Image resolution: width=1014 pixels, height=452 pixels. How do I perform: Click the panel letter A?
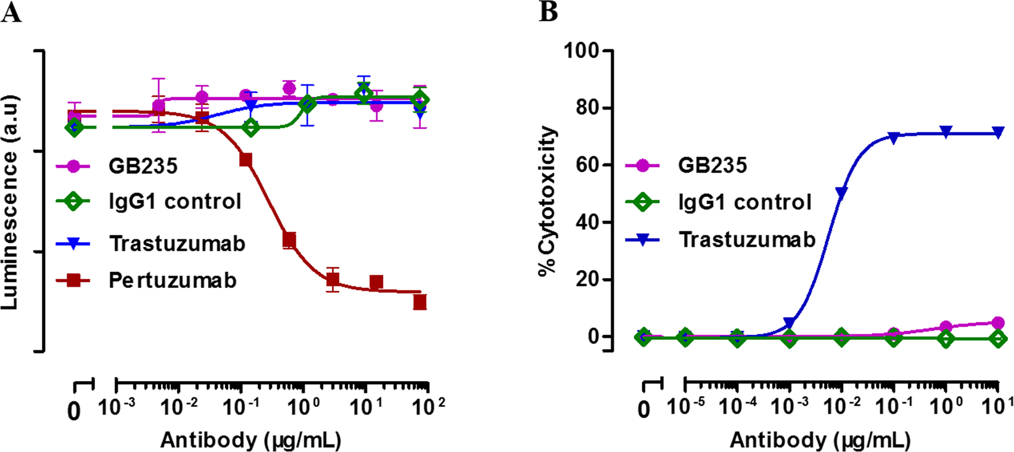[11, 12]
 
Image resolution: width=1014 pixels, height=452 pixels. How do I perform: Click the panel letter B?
[548, 12]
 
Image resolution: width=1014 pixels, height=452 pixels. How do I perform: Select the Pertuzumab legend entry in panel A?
[172, 281]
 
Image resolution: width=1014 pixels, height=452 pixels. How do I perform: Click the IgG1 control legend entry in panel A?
[175, 202]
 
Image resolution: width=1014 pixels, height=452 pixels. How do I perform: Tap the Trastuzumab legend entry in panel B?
[747, 240]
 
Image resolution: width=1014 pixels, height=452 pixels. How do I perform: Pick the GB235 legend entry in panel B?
[712, 165]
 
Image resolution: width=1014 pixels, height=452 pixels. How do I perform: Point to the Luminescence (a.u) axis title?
[10, 202]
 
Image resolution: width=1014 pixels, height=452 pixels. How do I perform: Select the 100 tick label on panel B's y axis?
[582, 51]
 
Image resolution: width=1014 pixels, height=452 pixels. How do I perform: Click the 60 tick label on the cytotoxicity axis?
[587, 165]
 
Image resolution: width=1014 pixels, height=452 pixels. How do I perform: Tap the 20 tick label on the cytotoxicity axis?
[587, 279]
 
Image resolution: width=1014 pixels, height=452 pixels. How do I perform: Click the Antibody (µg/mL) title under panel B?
[820, 440]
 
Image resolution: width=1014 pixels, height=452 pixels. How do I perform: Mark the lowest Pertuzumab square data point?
[420, 302]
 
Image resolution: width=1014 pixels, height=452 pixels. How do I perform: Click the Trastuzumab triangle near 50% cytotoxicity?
[841, 192]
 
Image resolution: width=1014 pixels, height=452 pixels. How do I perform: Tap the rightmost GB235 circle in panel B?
[998, 323]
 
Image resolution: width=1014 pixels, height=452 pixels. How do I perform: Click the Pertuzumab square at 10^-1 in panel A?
[245, 160]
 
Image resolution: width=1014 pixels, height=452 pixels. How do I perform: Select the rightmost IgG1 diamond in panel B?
[998, 339]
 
